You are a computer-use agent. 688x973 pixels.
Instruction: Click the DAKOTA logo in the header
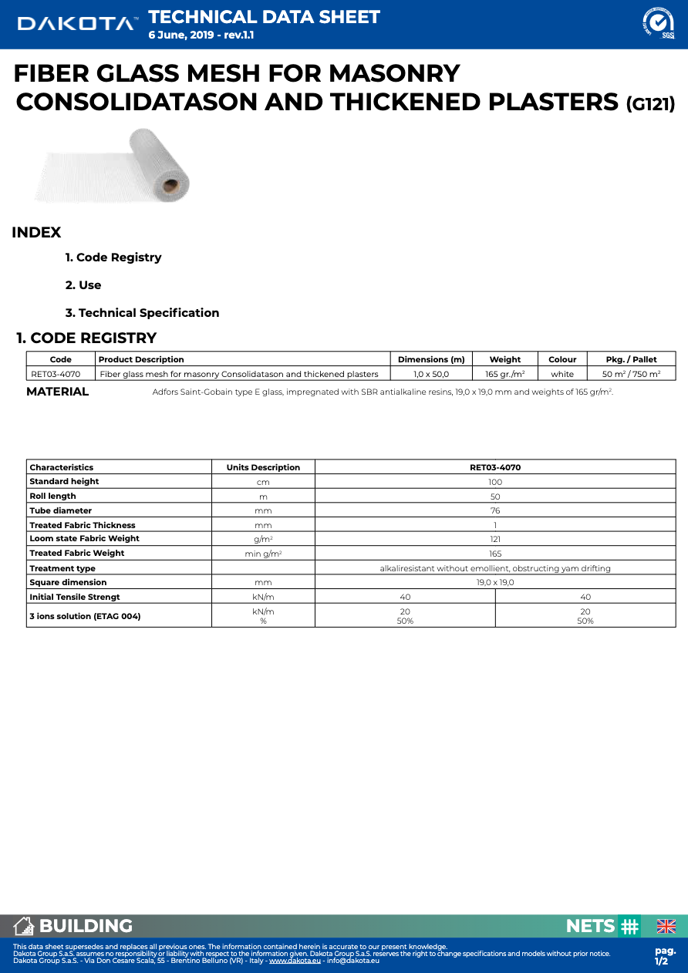[x=78, y=24]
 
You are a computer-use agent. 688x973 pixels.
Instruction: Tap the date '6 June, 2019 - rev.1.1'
[x=201, y=35]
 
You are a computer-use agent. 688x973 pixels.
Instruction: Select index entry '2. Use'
[x=83, y=285]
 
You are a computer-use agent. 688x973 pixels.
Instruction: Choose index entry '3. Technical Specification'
[x=142, y=313]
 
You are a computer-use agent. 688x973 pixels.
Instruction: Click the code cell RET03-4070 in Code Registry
[x=56, y=374]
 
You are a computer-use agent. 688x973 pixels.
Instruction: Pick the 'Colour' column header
[x=562, y=359]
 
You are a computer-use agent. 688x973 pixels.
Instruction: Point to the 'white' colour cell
[x=562, y=374]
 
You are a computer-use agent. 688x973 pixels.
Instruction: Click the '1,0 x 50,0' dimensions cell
[x=431, y=374]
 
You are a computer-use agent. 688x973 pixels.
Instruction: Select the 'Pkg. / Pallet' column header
[x=631, y=359]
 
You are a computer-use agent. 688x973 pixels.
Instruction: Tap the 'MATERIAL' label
[x=58, y=392]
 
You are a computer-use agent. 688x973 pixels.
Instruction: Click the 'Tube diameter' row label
[x=61, y=510]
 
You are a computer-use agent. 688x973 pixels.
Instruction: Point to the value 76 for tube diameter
[x=495, y=510]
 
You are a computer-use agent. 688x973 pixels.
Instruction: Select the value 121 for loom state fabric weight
[x=495, y=539]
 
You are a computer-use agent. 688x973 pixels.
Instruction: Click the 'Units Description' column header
[x=263, y=467]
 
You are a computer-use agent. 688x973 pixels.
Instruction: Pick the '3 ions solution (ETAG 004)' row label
[x=85, y=616]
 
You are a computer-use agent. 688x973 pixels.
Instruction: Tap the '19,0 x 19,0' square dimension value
[x=495, y=582]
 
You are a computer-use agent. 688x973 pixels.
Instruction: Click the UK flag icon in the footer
[x=666, y=926]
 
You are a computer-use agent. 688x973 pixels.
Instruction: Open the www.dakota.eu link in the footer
[x=295, y=960]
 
